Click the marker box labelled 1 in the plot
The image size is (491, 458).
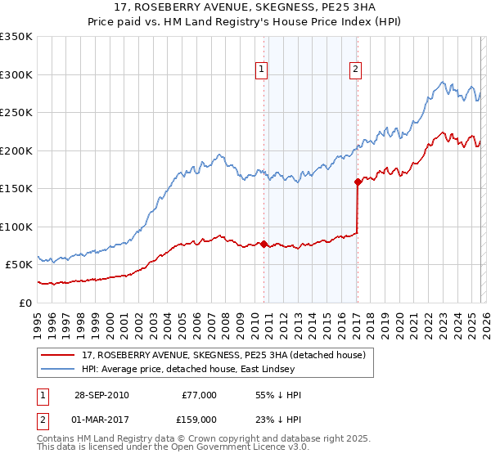click(x=261, y=70)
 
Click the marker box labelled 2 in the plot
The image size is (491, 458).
click(x=356, y=70)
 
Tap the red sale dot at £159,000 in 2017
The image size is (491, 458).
click(x=358, y=182)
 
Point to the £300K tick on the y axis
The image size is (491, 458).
click(x=16, y=74)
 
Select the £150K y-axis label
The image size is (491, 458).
click(x=16, y=188)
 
